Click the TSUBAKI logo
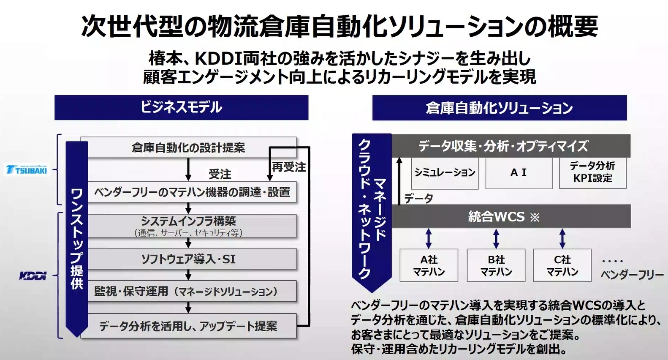[x=27, y=170]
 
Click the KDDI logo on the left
[x=33, y=276]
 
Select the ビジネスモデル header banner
[x=181, y=107]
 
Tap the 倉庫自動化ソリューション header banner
[x=499, y=108]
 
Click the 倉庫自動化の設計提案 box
[x=188, y=147]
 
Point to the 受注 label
[x=220, y=174]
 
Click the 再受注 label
[x=289, y=167]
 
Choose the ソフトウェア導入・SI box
[x=188, y=259]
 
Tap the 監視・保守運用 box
[x=188, y=291]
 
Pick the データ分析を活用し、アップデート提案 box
[x=188, y=326]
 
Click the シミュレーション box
[x=445, y=173]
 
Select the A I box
[x=519, y=173]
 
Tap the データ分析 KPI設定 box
[x=592, y=172]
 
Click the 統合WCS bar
[x=496, y=217]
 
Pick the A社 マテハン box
[x=429, y=265]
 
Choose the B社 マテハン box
[x=496, y=265]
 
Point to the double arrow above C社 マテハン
[x=562, y=238]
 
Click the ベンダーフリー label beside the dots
[x=632, y=275]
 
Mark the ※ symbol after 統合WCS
[x=535, y=218]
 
